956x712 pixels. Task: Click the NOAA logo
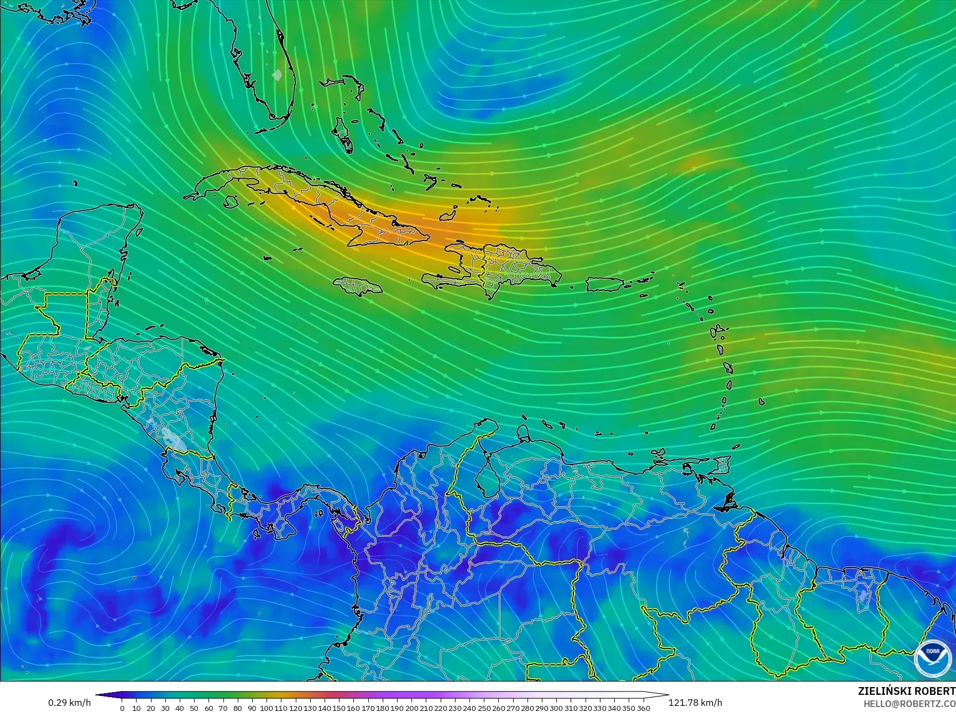pyautogui.click(x=932, y=658)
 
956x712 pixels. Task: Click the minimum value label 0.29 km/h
pyautogui.click(x=69, y=703)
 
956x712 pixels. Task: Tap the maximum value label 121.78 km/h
pyautogui.click(x=696, y=703)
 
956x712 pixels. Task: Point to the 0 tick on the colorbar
pyautogui.click(x=122, y=708)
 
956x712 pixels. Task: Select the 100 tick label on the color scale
pyautogui.click(x=267, y=708)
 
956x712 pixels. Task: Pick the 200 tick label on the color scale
pyautogui.click(x=411, y=708)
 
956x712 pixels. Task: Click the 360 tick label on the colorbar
pyautogui.click(x=643, y=708)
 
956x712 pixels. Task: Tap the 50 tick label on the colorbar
pyautogui.click(x=194, y=708)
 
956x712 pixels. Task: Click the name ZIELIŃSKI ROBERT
pyautogui.click(x=906, y=691)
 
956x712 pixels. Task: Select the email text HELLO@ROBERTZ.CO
pyautogui.click(x=910, y=703)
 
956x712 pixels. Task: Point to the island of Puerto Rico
pyautogui.click(x=604, y=284)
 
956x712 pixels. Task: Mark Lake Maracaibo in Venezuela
pyautogui.click(x=485, y=476)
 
